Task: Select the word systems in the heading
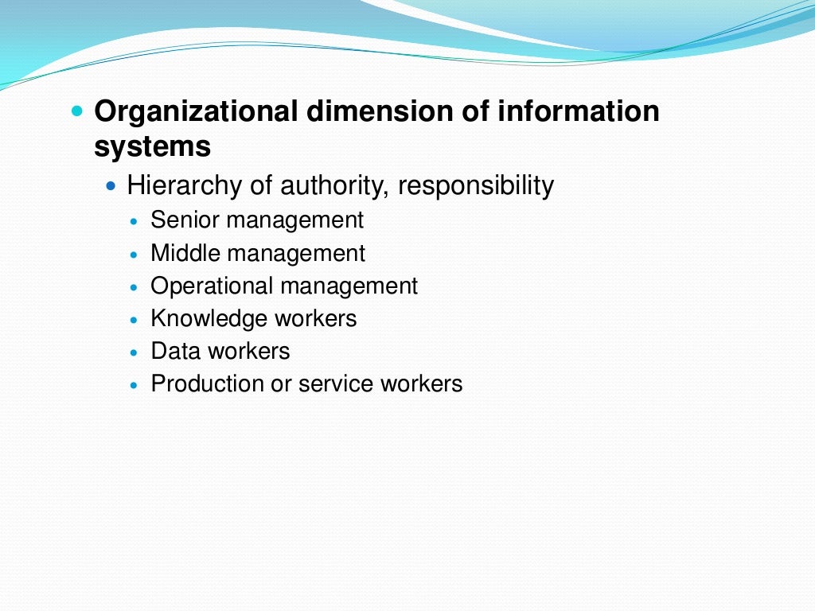point(153,147)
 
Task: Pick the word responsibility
point(476,186)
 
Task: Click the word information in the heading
point(579,112)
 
